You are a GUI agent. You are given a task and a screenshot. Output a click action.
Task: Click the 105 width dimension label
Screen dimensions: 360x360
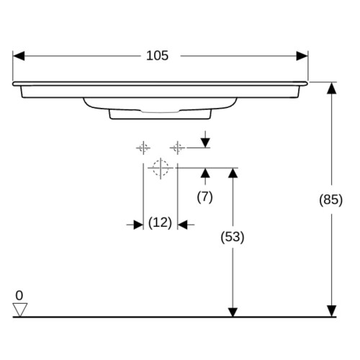pos(158,55)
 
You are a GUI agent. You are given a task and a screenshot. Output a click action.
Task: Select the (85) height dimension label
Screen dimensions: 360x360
pos(330,199)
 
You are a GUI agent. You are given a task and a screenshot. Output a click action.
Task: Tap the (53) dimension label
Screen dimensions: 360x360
pos(233,237)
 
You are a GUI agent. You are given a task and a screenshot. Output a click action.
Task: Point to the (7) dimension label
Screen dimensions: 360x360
pos(204,197)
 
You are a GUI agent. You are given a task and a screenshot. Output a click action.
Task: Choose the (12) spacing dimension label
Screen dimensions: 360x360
pos(160,222)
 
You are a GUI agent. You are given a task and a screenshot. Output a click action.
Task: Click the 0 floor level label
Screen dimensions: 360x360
pos(19,295)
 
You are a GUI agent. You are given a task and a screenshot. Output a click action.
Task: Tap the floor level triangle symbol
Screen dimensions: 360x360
pos(20,310)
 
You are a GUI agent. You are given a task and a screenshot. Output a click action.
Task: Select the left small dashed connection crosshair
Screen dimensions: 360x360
pos(143,148)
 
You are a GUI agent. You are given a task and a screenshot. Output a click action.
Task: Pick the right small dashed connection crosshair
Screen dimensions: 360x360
pos(177,148)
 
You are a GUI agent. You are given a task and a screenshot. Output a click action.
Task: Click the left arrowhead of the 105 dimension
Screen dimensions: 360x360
pos(19,56)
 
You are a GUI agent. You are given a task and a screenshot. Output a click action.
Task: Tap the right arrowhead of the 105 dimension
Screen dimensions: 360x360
pos(302,56)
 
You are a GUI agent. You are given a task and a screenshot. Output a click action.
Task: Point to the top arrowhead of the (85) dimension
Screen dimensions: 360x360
pos(332,88)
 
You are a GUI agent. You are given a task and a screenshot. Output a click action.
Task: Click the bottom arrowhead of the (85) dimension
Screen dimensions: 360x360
pos(332,311)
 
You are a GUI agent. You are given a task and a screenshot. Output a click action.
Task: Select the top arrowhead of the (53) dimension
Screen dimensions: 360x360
pos(233,174)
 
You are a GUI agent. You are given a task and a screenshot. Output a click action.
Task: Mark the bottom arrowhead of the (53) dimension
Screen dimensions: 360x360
pos(233,312)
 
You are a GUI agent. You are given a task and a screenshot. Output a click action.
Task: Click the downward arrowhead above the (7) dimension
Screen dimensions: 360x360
pos(205,143)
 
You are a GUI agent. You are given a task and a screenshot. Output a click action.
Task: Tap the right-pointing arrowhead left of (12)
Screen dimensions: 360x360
pos(138,225)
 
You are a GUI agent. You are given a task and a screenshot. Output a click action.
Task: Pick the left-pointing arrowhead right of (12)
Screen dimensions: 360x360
pos(182,225)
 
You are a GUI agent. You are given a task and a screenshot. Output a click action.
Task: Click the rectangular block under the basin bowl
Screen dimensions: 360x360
pos(161,114)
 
